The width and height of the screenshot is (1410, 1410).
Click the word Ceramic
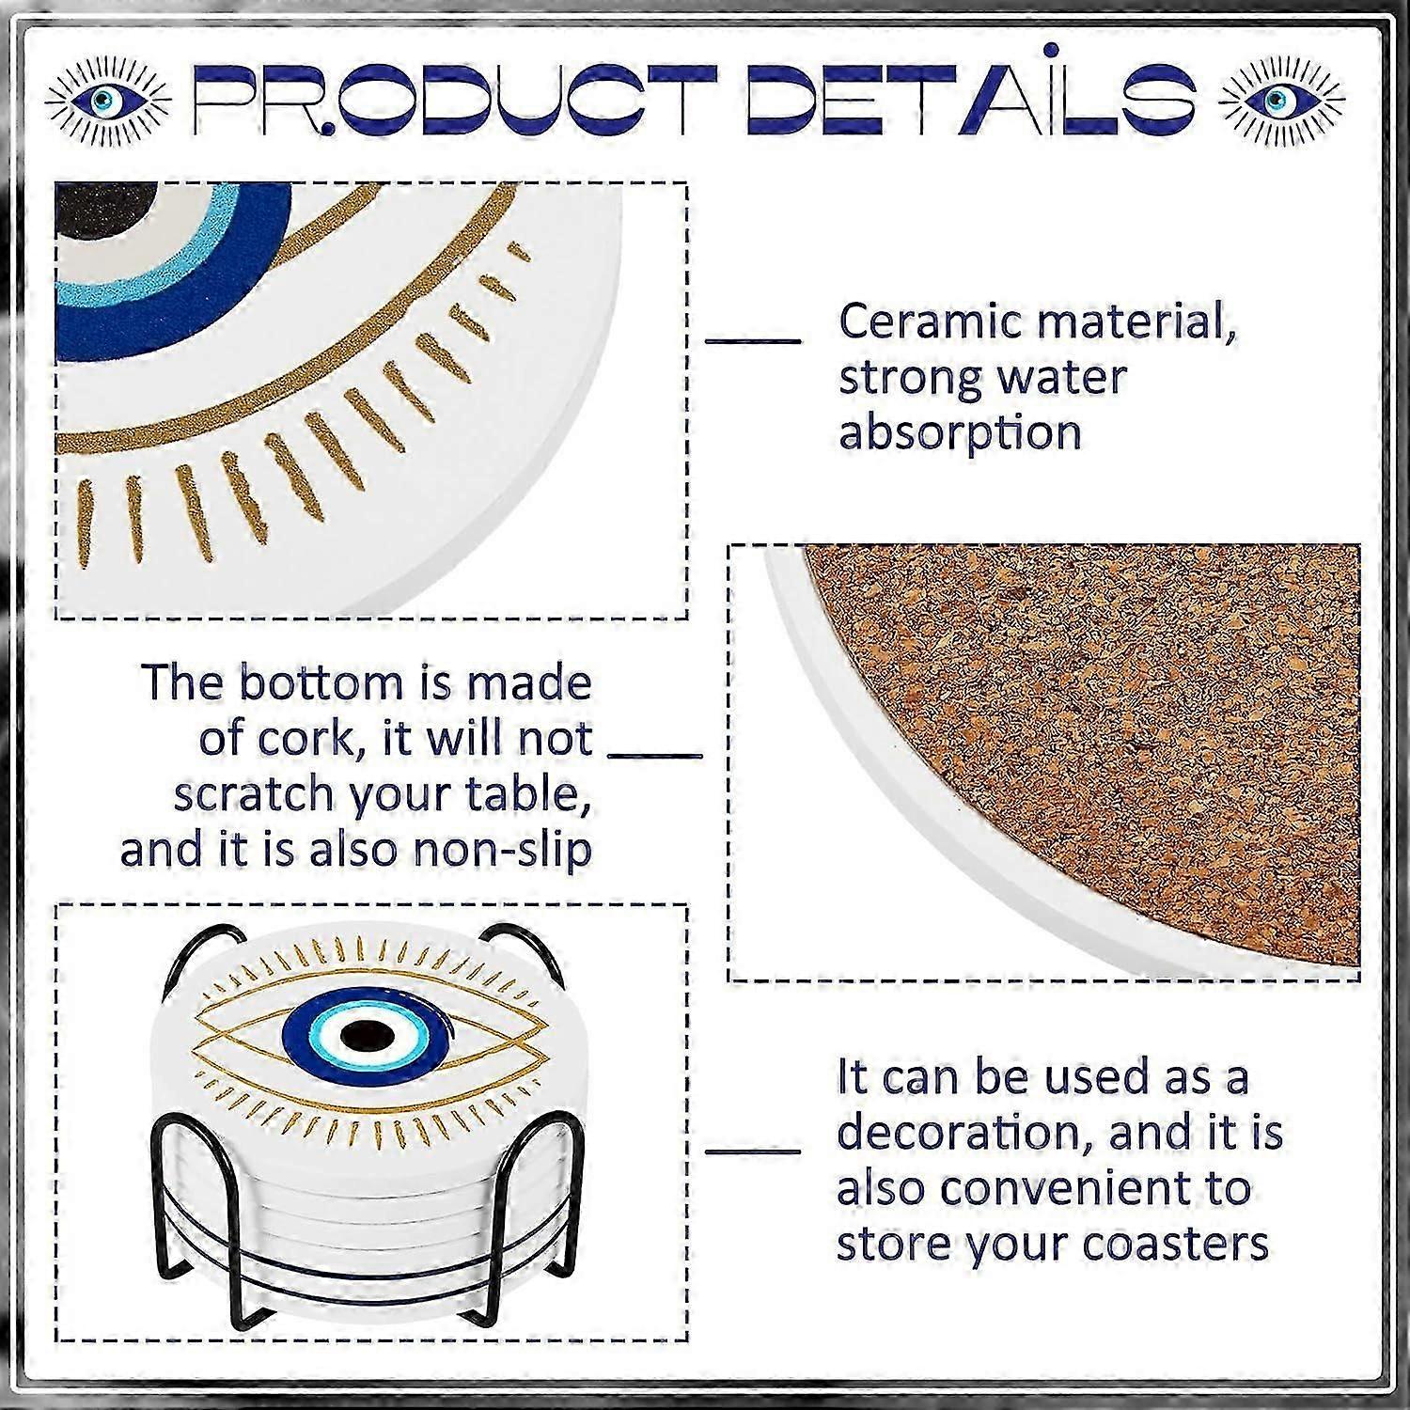[931, 321]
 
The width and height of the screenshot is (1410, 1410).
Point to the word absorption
[960, 434]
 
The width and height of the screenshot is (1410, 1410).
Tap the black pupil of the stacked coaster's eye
[367, 1036]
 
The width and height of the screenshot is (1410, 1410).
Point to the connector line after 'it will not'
[655, 754]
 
